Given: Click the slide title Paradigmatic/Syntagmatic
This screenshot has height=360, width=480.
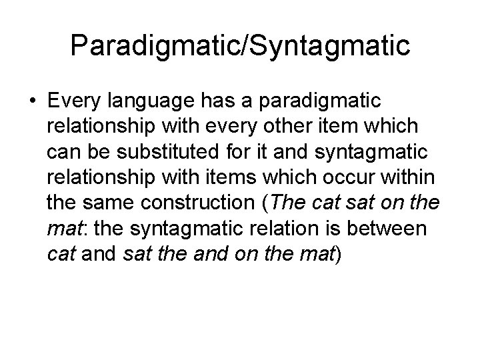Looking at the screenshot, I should click(240, 46).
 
